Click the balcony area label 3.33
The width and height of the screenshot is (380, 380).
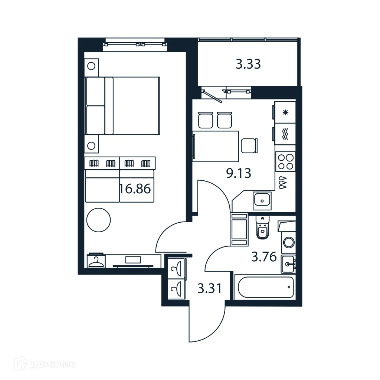point(248,64)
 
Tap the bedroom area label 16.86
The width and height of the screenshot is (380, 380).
point(135,189)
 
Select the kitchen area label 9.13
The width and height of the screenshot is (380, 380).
point(239,173)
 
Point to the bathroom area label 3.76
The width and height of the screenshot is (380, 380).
point(264,256)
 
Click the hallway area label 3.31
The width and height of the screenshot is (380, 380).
point(209,288)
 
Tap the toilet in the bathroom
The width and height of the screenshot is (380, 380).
point(262,228)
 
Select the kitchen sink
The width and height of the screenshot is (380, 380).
point(262,201)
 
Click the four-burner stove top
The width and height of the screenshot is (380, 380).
point(285,162)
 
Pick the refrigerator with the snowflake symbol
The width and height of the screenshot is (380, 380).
point(285,112)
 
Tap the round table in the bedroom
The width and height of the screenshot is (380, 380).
point(98,220)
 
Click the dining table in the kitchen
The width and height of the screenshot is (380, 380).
point(216,146)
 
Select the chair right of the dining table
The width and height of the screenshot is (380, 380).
point(248,145)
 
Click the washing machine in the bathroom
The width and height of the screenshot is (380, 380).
point(289,243)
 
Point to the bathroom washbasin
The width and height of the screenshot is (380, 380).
point(288,264)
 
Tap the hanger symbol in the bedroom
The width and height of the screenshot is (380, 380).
point(96,261)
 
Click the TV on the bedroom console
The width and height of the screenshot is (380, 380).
point(133,260)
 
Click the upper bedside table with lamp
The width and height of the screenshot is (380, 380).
point(91,67)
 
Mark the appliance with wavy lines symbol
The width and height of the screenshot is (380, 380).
point(285,134)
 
